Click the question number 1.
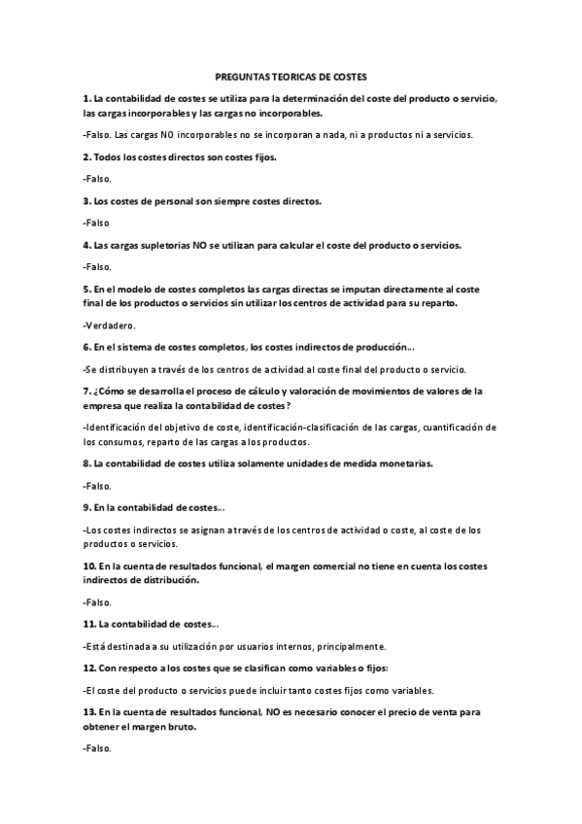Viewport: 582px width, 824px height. [x=86, y=99]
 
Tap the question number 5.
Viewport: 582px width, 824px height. [x=86, y=290]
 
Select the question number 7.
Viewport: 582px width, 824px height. [x=86, y=392]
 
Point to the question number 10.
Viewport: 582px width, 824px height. [x=89, y=566]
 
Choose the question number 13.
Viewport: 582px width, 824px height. [x=89, y=712]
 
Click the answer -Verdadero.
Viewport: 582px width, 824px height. [x=110, y=326]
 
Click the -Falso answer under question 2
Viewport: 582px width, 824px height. [x=97, y=179]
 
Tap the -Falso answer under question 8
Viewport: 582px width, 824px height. [x=97, y=486]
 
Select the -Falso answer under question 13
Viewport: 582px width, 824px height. [x=97, y=749]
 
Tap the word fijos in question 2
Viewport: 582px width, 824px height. [x=236, y=156]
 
